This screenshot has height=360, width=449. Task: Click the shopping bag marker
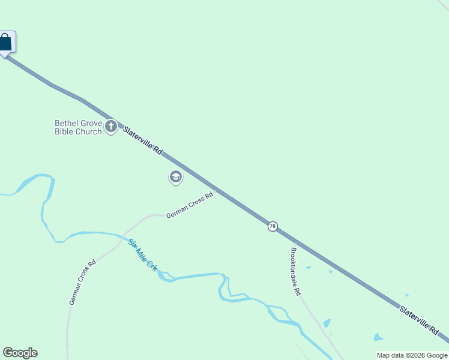5,43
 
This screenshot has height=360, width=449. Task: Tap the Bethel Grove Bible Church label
78,127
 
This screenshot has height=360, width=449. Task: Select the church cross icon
110,127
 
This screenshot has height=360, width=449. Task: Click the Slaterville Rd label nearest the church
143,142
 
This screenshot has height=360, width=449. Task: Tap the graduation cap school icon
175,177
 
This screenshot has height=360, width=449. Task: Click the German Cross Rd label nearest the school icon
189,205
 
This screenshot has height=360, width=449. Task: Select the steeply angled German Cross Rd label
82,282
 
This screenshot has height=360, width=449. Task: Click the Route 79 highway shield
273,226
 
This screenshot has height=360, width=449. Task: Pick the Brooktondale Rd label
295,271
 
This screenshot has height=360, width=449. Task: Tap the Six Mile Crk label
142,255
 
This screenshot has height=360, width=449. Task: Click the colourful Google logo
20,353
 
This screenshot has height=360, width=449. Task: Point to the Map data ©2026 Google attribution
412,355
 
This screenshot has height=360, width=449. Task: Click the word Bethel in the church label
67,123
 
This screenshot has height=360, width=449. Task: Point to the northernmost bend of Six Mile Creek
43,176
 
